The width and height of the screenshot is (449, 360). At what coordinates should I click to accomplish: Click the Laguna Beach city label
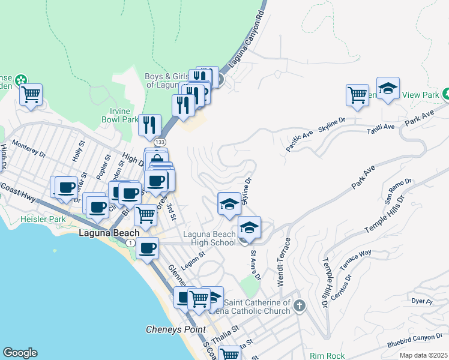click(109, 233)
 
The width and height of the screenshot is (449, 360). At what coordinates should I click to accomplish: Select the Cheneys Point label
click(176, 329)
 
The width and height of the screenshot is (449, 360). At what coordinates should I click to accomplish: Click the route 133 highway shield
click(159, 142)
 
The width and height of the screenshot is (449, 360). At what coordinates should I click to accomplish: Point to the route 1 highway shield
click(130, 242)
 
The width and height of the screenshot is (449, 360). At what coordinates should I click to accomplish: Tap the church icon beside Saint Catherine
click(300, 307)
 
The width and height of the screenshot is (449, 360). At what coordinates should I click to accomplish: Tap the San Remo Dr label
click(398, 188)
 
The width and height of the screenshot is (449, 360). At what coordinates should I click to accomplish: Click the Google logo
click(20, 353)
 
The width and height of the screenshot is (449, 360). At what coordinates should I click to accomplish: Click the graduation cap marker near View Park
click(388, 89)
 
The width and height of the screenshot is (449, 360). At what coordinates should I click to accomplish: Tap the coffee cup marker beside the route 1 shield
click(147, 248)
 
